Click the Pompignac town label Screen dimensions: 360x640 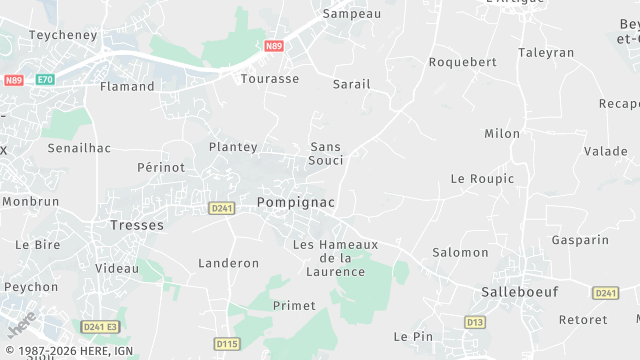point(295,202)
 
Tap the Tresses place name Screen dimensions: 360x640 point(136,225)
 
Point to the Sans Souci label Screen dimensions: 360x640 point(326,153)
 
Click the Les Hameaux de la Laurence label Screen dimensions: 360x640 point(336,258)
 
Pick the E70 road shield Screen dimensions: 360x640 point(45,80)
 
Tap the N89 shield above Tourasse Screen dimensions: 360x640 point(274,46)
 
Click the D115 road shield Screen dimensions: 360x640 point(227,344)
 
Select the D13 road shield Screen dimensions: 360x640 point(475,321)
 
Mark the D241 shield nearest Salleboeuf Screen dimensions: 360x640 point(605,293)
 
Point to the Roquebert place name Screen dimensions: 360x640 point(462,61)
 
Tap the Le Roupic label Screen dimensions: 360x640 point(482,179)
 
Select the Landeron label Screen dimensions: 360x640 point(229,263)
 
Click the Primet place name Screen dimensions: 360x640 point(294,305)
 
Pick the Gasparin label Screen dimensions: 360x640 point(580,240)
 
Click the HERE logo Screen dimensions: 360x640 point(21,326)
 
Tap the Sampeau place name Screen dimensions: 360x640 point(351,15)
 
